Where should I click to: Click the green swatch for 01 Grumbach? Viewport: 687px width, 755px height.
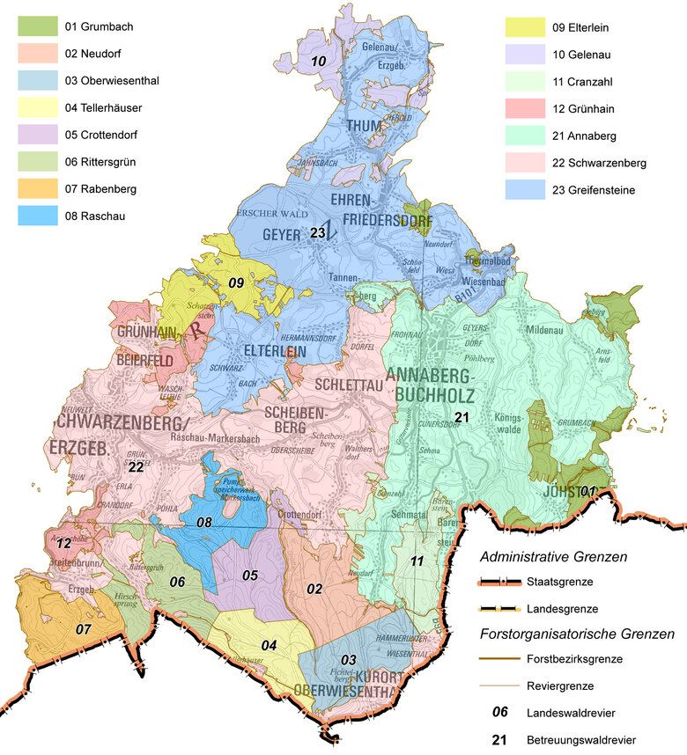36,27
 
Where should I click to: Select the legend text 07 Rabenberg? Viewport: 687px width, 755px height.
100,190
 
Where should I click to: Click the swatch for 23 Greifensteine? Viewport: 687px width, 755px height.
523,190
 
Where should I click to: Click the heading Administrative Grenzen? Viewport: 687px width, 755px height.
553,557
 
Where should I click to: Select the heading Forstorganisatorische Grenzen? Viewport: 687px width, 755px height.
577,633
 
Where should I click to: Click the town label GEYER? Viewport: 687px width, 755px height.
281,235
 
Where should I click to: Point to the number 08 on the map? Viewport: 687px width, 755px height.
204,523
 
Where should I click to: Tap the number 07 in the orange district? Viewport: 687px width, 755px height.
83,629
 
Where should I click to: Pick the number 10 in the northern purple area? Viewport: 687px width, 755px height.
319,61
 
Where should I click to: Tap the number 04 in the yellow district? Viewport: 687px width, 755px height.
269,645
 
